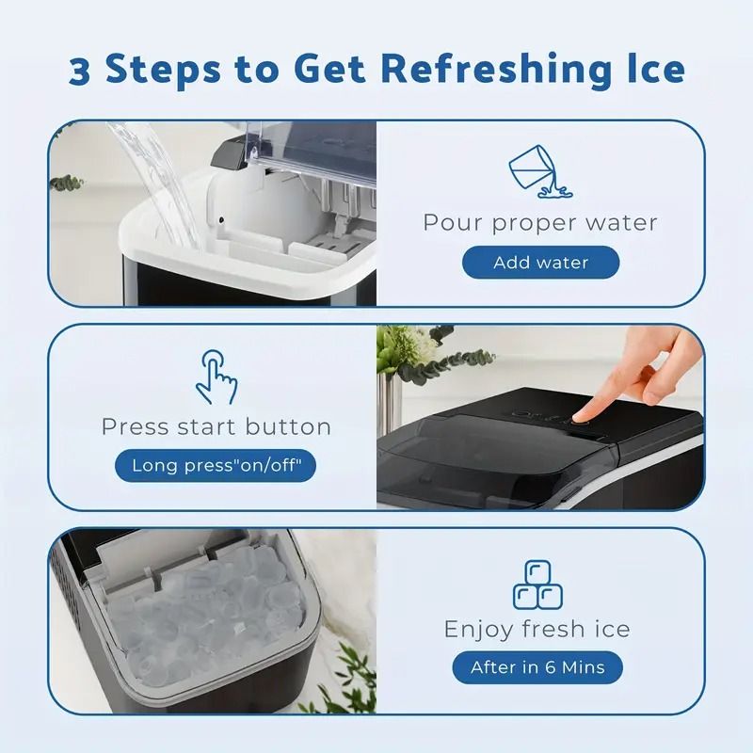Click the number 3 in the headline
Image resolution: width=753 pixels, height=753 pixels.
(79, 71)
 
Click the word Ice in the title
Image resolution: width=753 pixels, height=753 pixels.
(651, 69)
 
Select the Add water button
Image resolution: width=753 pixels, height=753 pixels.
(540, 263)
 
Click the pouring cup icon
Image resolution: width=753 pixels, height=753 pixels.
(539, 171)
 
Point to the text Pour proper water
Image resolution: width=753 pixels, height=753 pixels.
(539, 223)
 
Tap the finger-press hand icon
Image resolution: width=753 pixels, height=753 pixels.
(216, 377)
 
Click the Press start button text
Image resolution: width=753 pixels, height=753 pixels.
(216, 426)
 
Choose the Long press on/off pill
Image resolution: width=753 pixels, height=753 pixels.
(216, 465)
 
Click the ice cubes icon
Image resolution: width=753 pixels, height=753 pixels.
(537, 585)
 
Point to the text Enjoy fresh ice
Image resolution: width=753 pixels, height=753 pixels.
(537, 629)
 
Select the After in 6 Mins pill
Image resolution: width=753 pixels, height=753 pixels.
(537, 667)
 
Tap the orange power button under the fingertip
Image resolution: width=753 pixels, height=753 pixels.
(582, 422)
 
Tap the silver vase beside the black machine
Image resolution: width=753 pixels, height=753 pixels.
(388, 403)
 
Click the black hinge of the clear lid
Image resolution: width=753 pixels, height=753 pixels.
(230, 152)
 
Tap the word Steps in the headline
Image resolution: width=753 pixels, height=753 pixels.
(163, 70)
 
